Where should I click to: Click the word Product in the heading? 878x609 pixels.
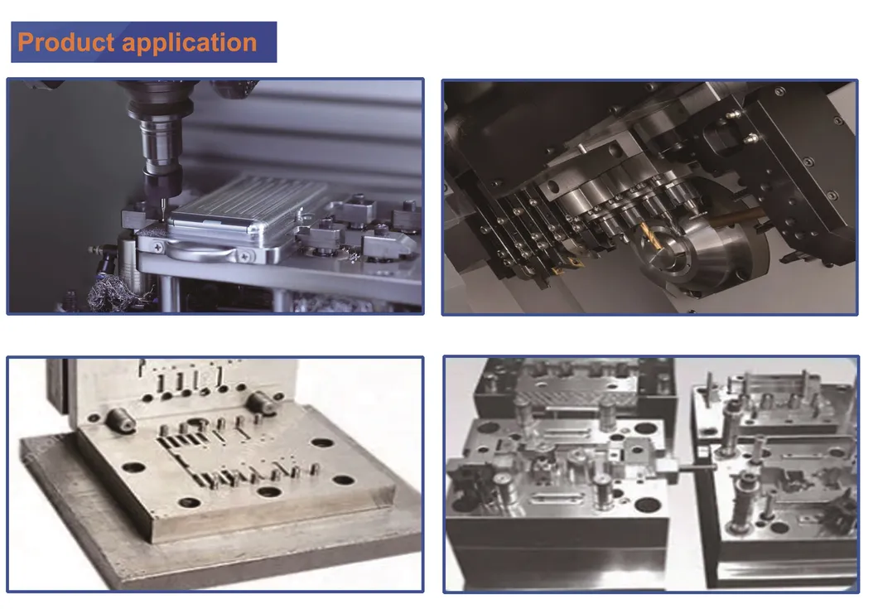pyautogui.click(x=63, y=42)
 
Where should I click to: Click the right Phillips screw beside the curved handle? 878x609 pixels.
pyautogui.click(x=247, y=256)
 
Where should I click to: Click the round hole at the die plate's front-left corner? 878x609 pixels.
pyautogui.click(x=133, y=466)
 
